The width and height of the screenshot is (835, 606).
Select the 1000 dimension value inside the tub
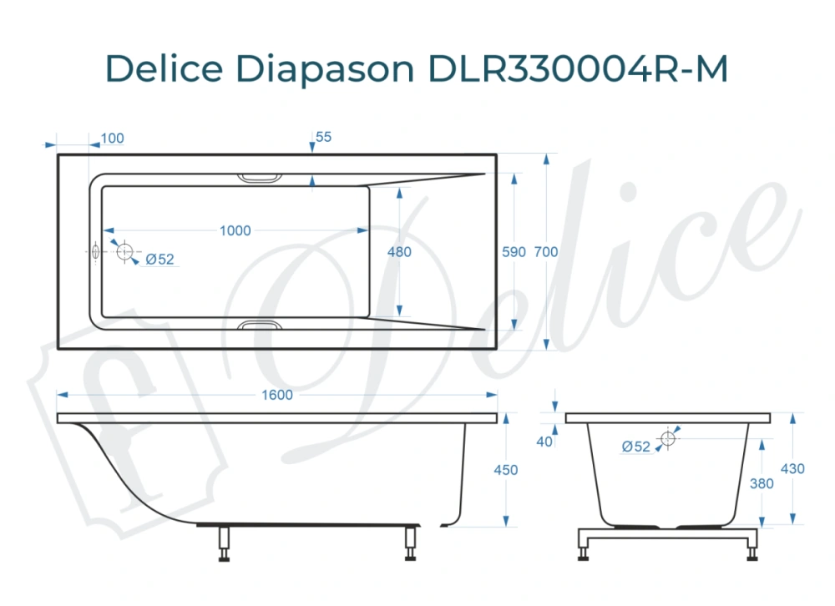[235, 230]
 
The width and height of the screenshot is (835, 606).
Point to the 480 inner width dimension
[400, 252]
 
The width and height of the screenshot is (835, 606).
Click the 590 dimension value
[512, 252]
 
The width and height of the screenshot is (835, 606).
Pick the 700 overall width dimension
[545, 252]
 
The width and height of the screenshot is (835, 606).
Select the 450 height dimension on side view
[506, 470]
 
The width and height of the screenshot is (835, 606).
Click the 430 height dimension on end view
[792, 469]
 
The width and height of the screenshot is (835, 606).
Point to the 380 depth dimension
[762, 483]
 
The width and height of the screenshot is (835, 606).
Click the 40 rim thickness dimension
[545, 442]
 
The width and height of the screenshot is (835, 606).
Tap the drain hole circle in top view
[125, 251]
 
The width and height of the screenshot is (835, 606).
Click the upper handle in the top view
[261, 178]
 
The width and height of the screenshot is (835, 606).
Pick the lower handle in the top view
[261, 325]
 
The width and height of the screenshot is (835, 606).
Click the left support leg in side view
[224, 544]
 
